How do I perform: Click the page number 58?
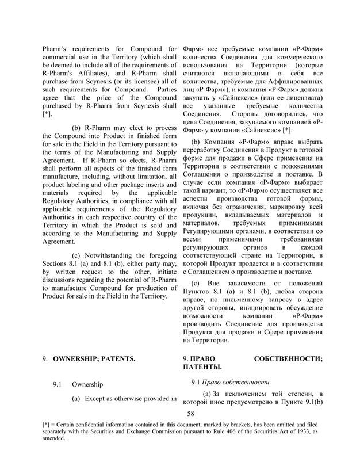click(192, 413)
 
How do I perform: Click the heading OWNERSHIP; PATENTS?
click(94, 359)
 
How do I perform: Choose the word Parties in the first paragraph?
click(162, 95)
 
